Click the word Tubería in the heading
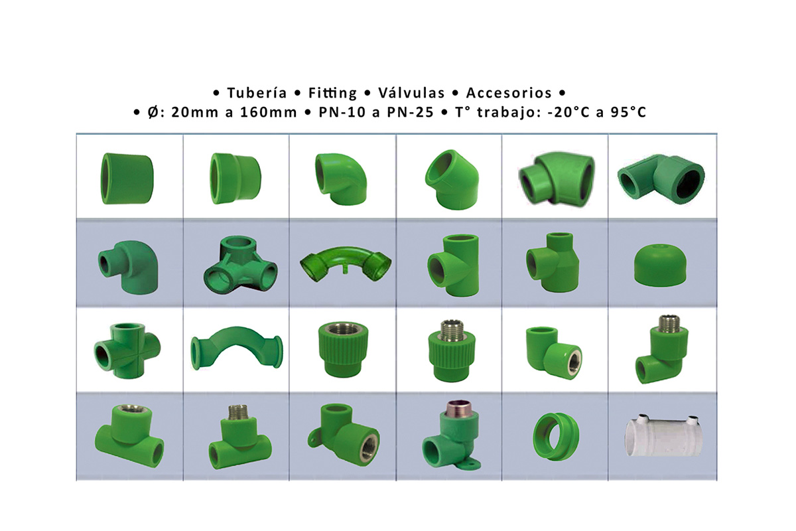(257, 93)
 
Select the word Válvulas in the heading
(411, 93)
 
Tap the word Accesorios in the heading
(509, 93)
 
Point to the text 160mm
(269, 112)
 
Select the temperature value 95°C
(628, 112)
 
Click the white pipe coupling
(663, 436)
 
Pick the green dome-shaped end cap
(660, 265)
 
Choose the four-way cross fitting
(127, 351)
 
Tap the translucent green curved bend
(346, 264)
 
